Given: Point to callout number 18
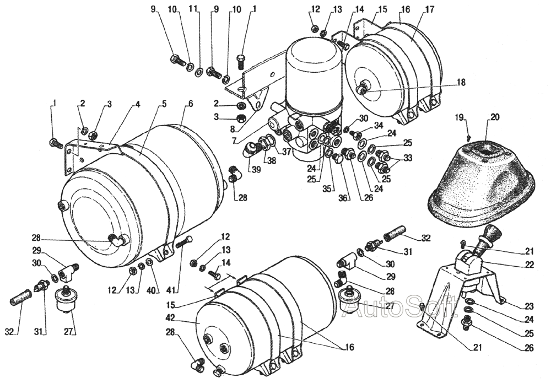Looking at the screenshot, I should click(x=461, y=82).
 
